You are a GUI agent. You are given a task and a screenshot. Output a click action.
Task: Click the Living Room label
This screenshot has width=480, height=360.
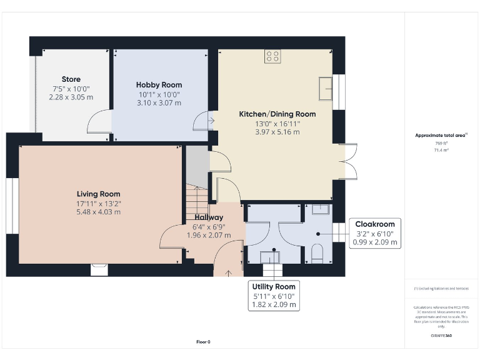click(99, 194)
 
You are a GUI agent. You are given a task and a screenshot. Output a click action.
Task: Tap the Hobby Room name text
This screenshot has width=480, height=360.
click(159, 85)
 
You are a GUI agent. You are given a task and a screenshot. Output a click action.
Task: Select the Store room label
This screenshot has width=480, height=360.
click(71, 79)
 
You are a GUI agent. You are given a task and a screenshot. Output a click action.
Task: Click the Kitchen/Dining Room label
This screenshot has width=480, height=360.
click(277, 114)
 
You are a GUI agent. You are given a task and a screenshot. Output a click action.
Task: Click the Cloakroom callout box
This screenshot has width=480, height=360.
click(376, 232)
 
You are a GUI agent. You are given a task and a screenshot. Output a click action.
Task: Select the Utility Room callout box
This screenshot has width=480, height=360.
click(272, 295)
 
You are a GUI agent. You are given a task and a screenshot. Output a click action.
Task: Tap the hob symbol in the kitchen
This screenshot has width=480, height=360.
click(272, 56)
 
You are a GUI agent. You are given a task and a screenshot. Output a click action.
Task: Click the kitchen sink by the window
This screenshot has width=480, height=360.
click(326, 88)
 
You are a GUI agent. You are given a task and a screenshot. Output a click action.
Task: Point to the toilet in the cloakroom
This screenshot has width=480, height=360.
click(317, 253)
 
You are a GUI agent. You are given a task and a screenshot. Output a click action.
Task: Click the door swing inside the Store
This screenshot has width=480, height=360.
click(99, 122)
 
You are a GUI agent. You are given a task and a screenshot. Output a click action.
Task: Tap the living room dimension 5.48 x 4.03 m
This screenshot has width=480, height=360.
click(99, 212)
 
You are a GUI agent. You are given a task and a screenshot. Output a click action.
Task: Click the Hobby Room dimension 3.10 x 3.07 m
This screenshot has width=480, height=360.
click(159, 102)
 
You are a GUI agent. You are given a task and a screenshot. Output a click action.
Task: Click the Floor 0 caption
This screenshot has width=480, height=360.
click(204, 342)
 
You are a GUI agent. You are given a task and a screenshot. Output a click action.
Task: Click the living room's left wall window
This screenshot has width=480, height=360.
click(12, 206)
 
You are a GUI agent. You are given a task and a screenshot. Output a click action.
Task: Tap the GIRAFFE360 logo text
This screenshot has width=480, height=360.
click(441, 336)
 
